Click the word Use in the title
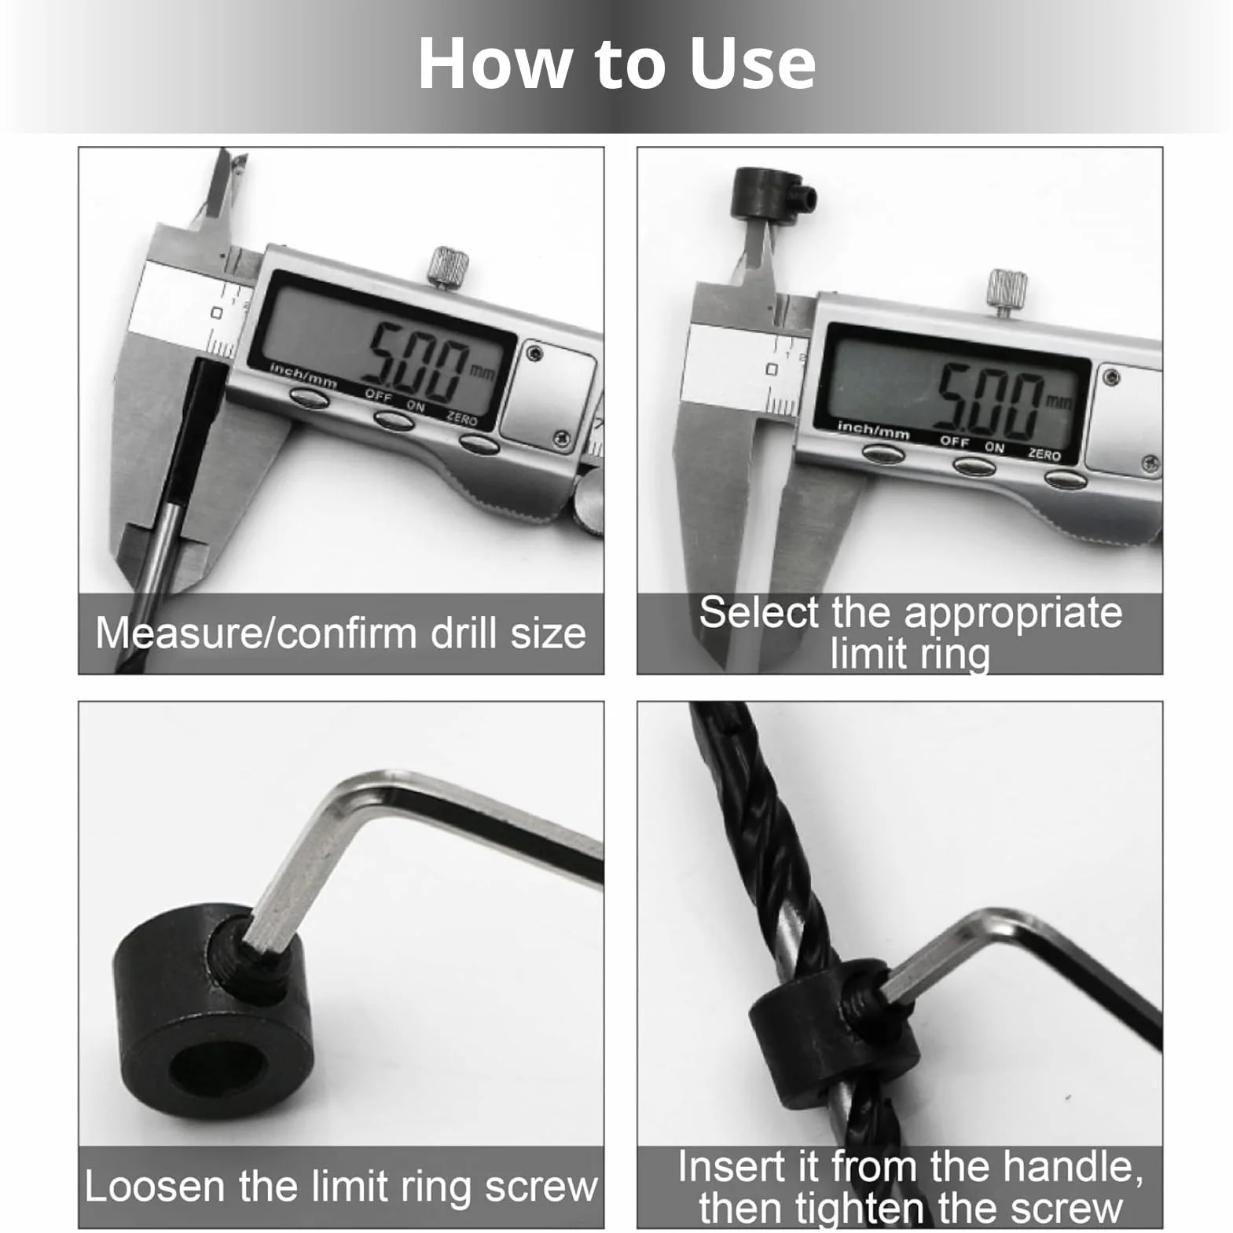[752, 63]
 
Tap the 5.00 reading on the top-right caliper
[990, 401]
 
